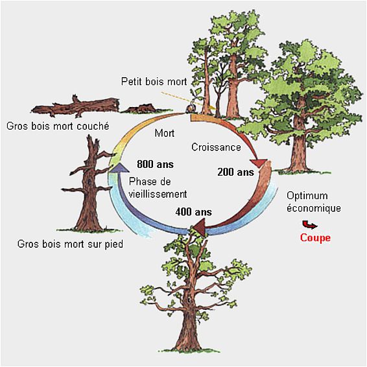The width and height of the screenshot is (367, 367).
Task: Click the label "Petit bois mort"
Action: (154, 82)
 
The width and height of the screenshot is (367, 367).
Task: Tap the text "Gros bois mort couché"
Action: (58, 126)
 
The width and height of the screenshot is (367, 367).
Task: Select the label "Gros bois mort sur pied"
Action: (70, 244)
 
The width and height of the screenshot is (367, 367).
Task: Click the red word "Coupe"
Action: (315, 238)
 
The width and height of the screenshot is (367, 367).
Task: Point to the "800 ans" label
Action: (155, 164)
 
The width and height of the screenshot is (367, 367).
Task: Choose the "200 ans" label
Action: (235, 172)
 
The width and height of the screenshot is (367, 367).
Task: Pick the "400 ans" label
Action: (194, 212)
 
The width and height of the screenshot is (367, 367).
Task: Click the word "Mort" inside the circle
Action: (165, 133)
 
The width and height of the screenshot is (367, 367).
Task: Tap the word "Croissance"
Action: (216, 147)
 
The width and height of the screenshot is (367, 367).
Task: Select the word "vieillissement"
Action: (158, 194)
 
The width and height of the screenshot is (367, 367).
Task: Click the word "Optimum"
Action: (307, 196)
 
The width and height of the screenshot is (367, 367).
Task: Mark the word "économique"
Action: (314, 208)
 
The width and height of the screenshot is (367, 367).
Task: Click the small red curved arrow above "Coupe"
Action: (309, 225)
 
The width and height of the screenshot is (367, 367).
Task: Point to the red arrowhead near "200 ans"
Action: (259, 163)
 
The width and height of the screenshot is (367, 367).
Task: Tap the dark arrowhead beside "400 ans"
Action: (199, 226)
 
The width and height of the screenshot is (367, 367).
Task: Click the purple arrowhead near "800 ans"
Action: (118, 167)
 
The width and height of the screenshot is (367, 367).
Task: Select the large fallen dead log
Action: (76, 107)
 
